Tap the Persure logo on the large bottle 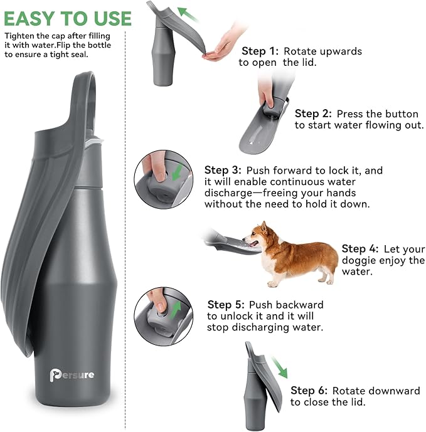point(72,375)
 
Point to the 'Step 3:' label point(223,170)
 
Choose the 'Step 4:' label point(359,248)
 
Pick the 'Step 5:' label point(226,304)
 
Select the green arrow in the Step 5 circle point(178,308)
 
